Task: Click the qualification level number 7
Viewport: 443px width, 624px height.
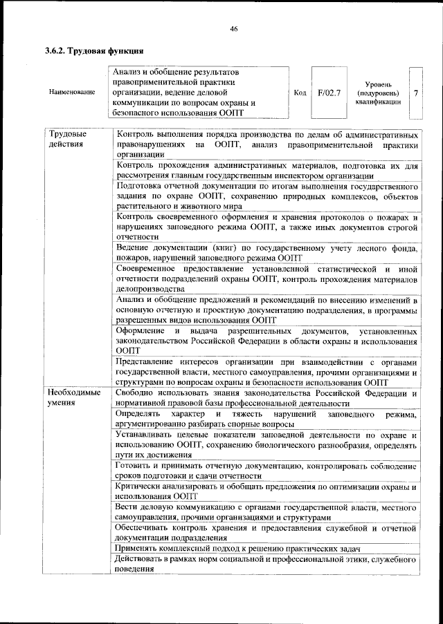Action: tap(415, 92)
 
